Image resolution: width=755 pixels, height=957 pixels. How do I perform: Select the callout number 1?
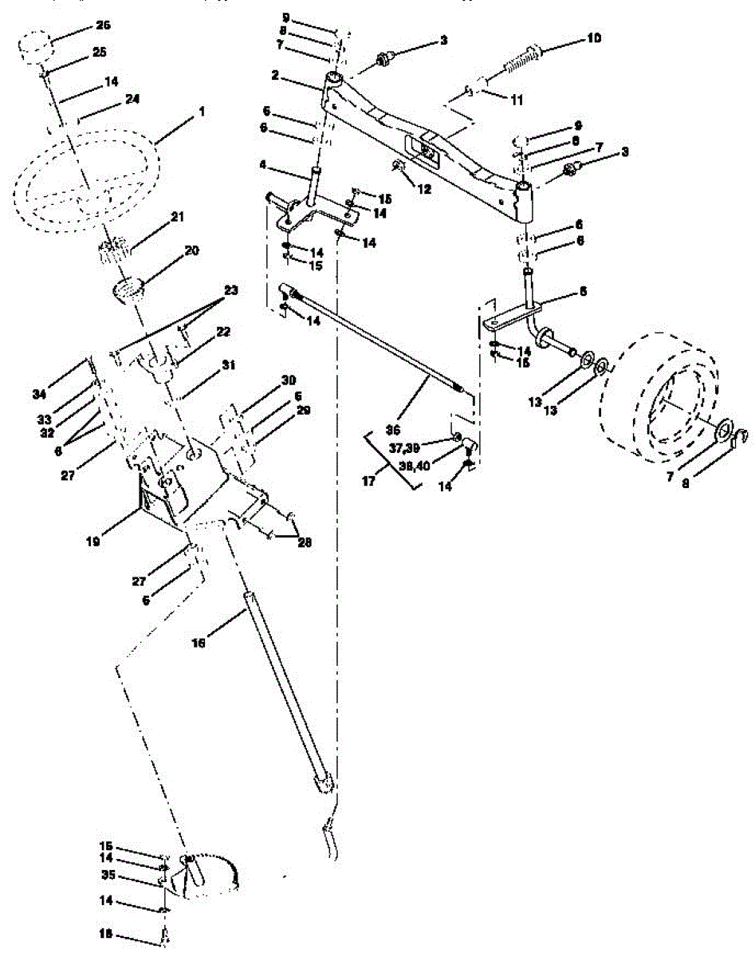[201, 112]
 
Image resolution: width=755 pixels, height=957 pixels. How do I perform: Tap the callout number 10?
[595, 37]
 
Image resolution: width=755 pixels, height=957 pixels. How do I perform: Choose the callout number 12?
[424, 189]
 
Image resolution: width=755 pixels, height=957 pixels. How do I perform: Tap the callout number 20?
[191, 250]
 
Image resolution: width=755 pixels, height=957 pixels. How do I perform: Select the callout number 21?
[177, 216]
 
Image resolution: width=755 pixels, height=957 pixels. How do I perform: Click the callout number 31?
[230, 364]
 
